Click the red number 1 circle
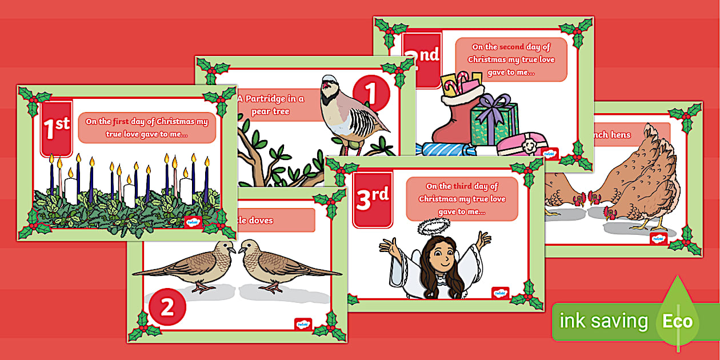pos(371,93)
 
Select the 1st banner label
pos(57,129)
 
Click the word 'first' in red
pos(121,122)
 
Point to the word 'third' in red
pos(462,186)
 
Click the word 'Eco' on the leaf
pos(677,321)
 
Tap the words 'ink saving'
pos(604,321)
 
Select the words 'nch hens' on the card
pos(613,135)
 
